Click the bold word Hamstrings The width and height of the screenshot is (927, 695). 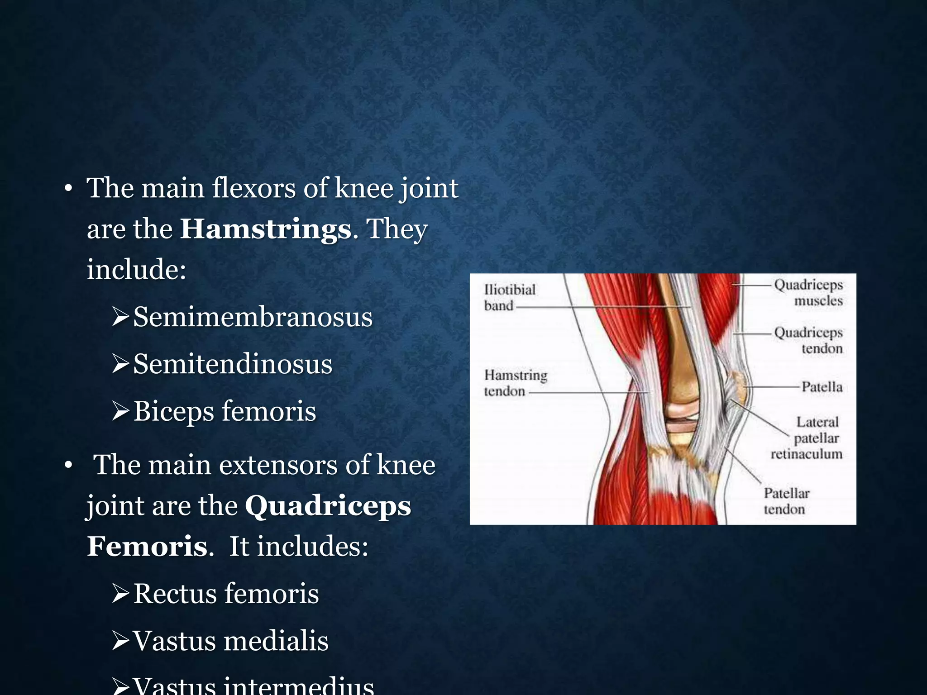tap(266, 229)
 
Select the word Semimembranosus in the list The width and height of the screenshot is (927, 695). tap(253, 317)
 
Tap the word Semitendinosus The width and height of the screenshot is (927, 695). tap(233, 364)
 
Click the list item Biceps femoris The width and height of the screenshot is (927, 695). tap(225, 411)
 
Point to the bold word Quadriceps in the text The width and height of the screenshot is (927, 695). tap(328, 506)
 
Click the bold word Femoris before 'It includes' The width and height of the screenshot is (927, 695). tap(148, 546)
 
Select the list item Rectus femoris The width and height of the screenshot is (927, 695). tap(226, 594)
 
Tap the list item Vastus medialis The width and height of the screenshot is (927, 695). tap(230, 641)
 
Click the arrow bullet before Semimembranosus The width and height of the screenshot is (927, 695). tap(121, 317)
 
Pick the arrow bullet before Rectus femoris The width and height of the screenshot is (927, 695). tap(121, 594)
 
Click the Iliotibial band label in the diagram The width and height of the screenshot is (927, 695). tap(509, 297)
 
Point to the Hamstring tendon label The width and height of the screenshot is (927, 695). tap(515, 383)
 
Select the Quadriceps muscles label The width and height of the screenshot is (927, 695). tap(808, 292)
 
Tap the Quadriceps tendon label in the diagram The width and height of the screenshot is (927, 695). tap(808, 340)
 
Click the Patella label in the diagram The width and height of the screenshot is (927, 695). tap(822, 387)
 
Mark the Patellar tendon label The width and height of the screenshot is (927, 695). tap(786, 501)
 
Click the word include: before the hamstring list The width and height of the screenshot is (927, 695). tap(136, 270)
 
